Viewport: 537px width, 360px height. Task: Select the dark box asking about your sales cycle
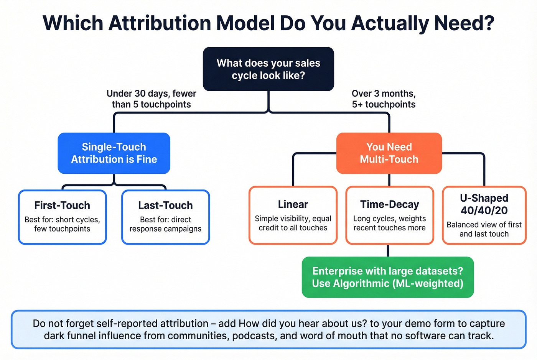(x=268, y=69)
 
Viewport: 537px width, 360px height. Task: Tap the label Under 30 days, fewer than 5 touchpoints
(x=152, y=99)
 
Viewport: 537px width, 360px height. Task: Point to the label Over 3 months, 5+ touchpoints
(x=384, y=99)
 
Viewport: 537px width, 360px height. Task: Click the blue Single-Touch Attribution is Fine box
(x=114, y=153)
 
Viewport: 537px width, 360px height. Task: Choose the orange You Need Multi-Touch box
(x=389, y=153)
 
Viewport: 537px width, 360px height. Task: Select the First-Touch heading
(x=62, y=205)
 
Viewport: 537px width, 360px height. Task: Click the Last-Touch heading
(x=165, y=205)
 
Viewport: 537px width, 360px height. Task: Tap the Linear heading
(x=293, y=204)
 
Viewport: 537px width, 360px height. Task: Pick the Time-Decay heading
(x=389, y=204)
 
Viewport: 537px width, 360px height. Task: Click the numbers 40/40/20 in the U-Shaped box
(x=484, y=210)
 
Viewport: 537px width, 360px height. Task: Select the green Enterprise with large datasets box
(x=387, y=277)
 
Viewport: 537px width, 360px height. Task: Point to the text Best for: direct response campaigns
(x=165, y=224)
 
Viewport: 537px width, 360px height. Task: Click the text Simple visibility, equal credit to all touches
(x=293, y=223)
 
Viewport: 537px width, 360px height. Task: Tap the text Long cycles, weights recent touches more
(x=389, y=223)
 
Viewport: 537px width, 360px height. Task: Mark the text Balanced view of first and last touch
(x=484, y=229)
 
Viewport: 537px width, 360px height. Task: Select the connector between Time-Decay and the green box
(x=388, y=251)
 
